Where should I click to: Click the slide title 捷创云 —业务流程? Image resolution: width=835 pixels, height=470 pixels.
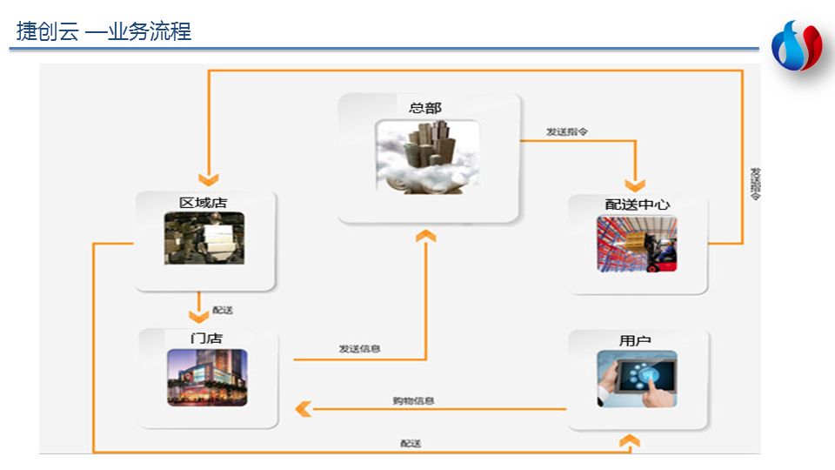click(x=104, y=32)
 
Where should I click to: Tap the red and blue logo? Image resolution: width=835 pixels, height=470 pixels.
click(x=797, y=46)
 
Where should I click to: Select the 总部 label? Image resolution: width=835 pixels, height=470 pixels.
click(x=425, y=108)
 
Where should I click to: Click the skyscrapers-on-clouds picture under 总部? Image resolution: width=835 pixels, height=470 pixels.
click(x=427, y=157)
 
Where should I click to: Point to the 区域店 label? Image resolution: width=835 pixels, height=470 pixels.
click(x=204, y=203)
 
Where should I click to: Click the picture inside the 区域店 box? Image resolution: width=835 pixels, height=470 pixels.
click(x=204, y=238)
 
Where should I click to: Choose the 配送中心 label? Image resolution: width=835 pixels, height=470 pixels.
click(x=638, y=205)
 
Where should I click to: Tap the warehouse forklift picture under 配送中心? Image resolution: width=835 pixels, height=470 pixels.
click(x=637, y=244)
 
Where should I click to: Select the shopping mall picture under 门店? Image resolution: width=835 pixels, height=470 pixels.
click(x=207, y=378)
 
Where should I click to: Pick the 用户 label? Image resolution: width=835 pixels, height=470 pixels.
click(x=635, y=340)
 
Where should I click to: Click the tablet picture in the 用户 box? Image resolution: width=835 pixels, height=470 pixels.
click(x=637, y=379)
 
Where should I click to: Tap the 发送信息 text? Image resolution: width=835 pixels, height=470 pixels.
click(x=359, y=349)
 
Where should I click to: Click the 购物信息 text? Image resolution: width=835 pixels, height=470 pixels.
click(x=413, y=401)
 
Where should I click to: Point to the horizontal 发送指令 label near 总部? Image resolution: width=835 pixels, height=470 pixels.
click(x=567, y=131)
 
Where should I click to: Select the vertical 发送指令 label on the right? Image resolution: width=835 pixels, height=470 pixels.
click(x=755, y=184)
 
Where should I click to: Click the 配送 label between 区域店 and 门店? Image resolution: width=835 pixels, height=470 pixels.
click(x=223, y=310)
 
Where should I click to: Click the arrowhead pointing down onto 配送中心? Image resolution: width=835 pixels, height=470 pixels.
click(x=636, y=185)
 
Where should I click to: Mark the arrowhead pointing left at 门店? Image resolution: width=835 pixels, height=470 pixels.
click(x=303, y=407)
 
